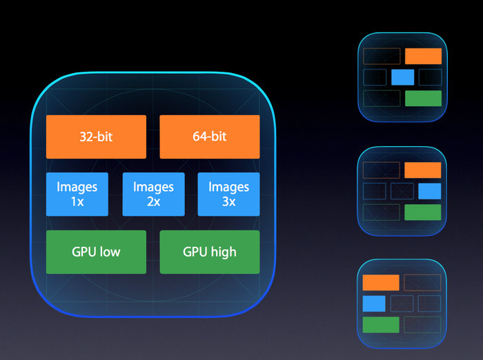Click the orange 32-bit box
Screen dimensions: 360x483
[x=96, y=137]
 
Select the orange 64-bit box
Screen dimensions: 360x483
[x=210, y=137]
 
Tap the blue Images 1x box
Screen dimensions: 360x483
[x=77, y=194]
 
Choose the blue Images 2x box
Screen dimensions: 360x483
[x=153, y=194]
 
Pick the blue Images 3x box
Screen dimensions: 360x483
[x=228, y=194]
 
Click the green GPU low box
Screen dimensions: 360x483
[x=96, y=252]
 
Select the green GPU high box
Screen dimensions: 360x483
[x=210, y=252]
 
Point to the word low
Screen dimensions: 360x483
[x=110, y=252]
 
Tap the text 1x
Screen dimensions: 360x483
[x=77, y=201]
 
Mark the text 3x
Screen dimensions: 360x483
[x=228, y=201]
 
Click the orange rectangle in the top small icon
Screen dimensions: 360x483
[x=423, y=57]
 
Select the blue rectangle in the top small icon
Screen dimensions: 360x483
[x=402, y=77]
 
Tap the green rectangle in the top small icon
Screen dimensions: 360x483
[x=423, y=98]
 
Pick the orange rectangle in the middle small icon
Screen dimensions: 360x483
[x=422, y=170]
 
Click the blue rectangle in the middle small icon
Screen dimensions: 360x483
[x=429, y=191]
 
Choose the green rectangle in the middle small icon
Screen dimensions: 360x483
[x=422, y=212]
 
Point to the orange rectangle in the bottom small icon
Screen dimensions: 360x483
[x=381, y=282]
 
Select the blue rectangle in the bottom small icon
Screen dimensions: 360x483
[x=374, y=303]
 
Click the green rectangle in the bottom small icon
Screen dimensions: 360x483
[x=381, y=325]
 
